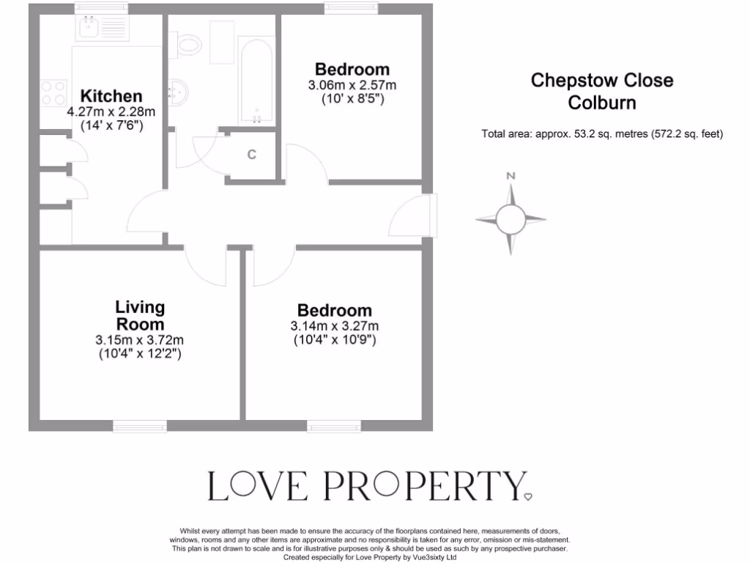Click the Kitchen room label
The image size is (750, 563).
[111, 96]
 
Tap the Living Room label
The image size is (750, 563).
[140, 315]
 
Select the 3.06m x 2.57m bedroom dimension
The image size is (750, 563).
[352, 85]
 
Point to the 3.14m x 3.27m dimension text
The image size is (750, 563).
[335, 326]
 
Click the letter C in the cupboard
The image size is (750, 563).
[251, 155]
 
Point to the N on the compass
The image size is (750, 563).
[511, 176]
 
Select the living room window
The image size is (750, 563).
[139, 424]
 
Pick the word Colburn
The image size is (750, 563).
[602, 102]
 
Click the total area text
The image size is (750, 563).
[602, 134]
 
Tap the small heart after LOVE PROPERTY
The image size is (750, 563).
[529, 496]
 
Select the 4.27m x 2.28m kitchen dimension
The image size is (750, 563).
[111, 112]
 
